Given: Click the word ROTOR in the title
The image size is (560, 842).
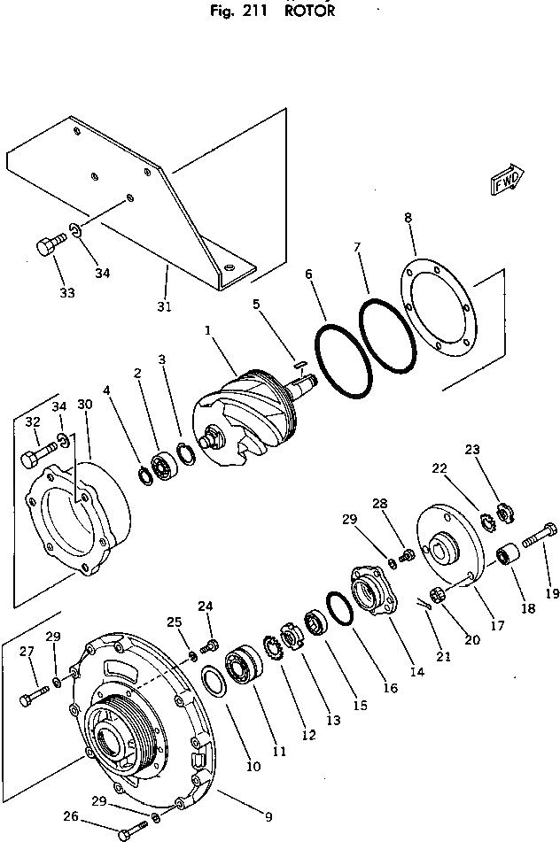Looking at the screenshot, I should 310,12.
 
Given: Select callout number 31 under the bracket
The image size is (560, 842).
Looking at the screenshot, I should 163,306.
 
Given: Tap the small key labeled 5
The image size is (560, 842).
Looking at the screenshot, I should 300,360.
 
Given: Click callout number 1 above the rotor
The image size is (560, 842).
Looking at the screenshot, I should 206,330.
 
